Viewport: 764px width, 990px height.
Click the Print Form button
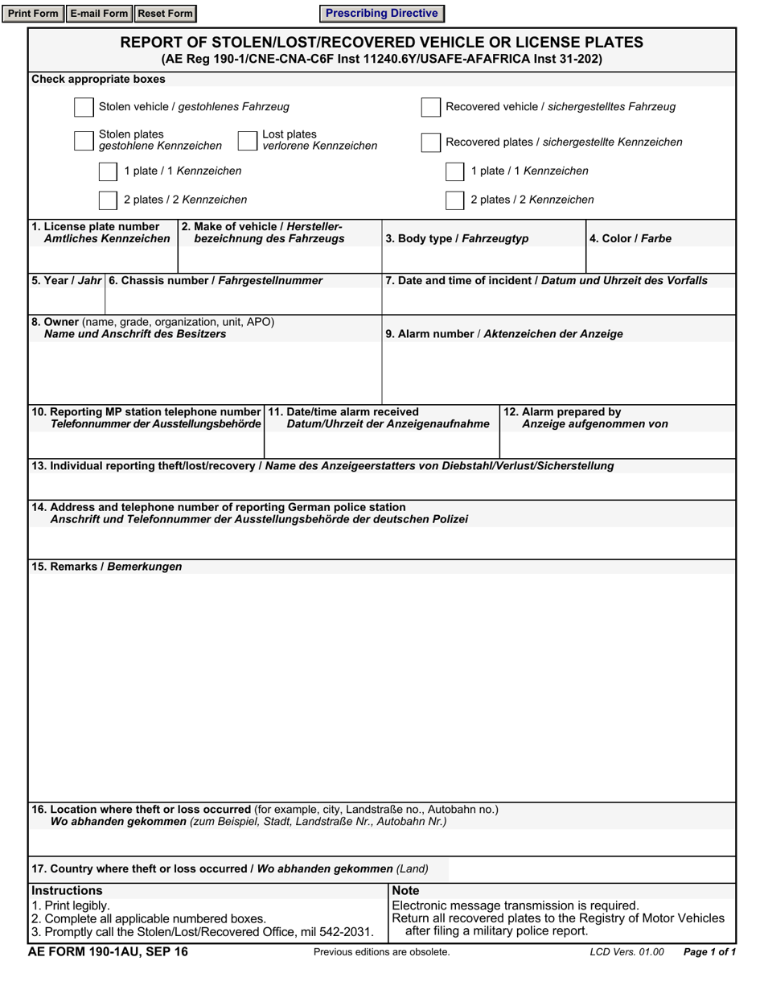click(33, 14)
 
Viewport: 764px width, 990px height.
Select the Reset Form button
click(165, 14)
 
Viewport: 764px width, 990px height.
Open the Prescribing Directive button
click(381, 14)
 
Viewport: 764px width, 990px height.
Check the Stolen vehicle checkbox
click(84, 107)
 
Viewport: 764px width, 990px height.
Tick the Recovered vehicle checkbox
click(431, 107)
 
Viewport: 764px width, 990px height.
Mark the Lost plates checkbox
click(247, 141)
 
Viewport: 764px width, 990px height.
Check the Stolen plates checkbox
click(84, 141)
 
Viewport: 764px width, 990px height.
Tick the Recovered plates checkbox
click(431, 142)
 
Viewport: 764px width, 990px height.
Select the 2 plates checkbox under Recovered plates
click(455, 200)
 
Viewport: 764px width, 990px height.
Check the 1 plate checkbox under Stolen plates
click(108, 171)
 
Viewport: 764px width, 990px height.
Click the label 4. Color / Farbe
click(630, 239)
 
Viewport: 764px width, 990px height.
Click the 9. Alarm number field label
click(503, 334)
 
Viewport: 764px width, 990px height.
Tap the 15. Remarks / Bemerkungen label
click(106, 567)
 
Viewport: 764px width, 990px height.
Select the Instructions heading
click(67, 891)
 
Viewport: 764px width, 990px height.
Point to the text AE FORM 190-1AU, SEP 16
click(108, 952)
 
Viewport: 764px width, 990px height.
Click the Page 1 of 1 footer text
click(709, 952)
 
